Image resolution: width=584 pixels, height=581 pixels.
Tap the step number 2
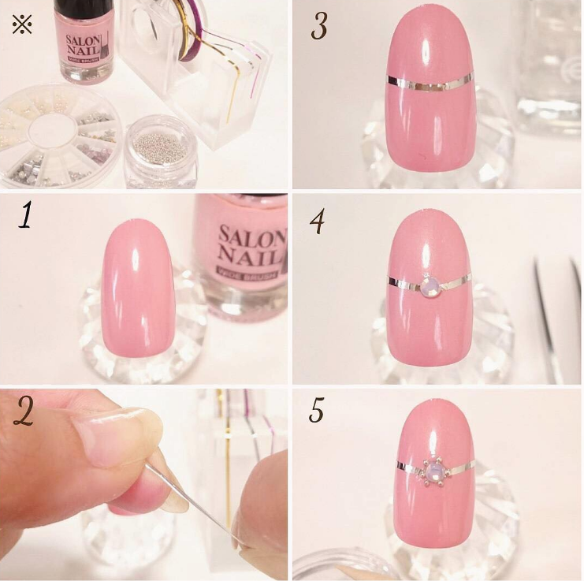(27, 412)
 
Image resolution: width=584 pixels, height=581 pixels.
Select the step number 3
(318, 27)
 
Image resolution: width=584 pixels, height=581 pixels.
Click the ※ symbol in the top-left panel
(22, 25)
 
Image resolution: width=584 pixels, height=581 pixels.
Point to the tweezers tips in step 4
(544, 268)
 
